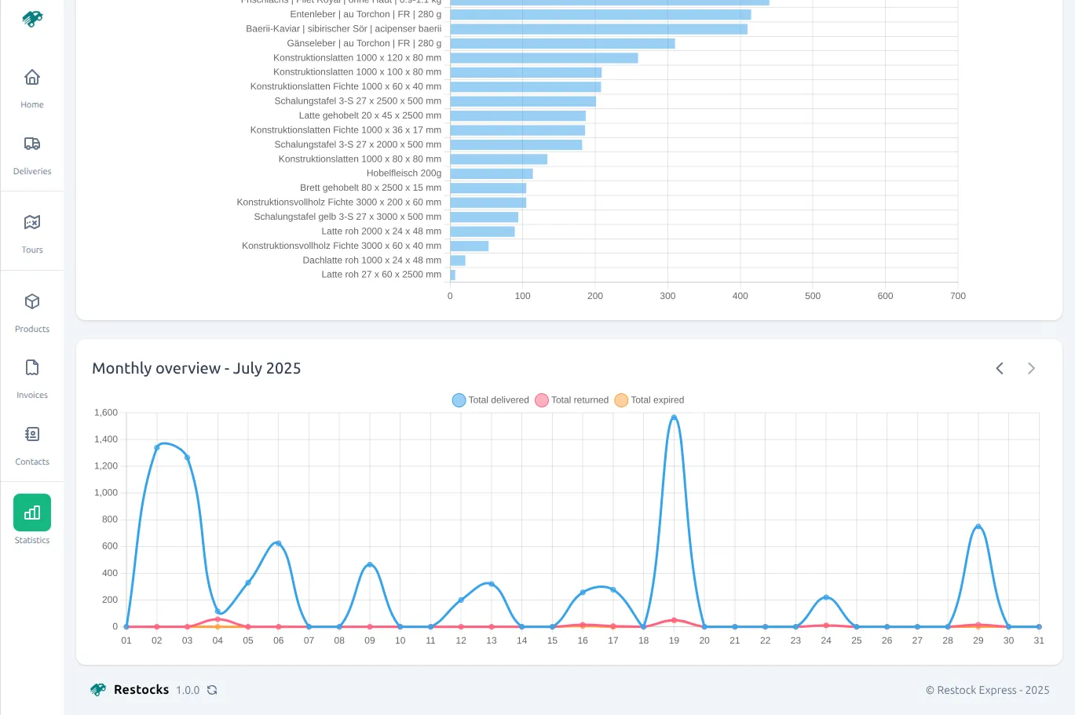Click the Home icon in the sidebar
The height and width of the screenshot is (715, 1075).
point(32,78)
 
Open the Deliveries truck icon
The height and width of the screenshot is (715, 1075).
point(32,144)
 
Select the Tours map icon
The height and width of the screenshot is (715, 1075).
point(32,223)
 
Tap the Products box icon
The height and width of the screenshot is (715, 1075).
point(32,302)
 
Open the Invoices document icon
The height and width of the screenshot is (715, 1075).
point(32,368)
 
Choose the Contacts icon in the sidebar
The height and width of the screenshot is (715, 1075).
point(32,435)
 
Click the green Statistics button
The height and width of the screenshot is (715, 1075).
point(32,513)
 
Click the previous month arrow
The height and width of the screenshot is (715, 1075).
point(1000,369)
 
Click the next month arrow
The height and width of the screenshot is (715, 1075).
point(1031,369)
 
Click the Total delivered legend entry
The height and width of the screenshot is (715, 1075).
point(491,400)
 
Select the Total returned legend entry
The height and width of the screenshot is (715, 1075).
point(572,400)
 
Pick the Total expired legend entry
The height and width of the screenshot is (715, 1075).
point(650,400)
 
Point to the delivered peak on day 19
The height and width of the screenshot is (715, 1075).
point(674,418)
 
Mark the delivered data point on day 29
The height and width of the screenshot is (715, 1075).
point(978,527)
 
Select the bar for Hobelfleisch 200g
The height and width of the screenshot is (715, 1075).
point(492,173)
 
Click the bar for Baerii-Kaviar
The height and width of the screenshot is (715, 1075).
point(598,29)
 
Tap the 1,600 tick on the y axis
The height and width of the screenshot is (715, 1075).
point(106,413)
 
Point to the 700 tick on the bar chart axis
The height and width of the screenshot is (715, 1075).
point(957,297)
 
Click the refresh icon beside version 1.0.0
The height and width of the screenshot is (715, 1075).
point(212,691)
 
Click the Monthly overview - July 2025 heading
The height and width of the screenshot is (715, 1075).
point(196,369)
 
